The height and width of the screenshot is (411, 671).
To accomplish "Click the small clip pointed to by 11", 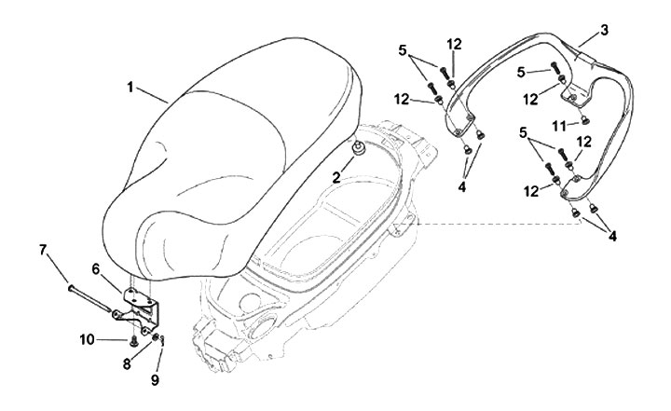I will [583, 120].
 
